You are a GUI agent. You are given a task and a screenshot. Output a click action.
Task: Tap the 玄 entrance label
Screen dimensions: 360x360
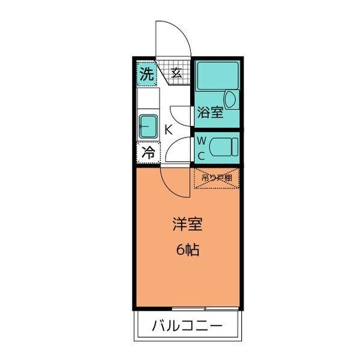tap(176, 73)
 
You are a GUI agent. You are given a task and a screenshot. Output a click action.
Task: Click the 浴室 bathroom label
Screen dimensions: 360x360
tap(210, 112)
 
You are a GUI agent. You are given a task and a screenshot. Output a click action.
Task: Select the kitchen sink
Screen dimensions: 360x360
tap(147, 126)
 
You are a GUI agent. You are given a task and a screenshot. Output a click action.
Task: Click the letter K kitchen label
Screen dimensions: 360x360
tap(169, 128)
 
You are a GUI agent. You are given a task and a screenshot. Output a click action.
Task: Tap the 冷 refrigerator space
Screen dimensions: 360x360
tap(148, 152)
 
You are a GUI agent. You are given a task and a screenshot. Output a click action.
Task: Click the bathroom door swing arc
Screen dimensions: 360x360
tap(180, 114)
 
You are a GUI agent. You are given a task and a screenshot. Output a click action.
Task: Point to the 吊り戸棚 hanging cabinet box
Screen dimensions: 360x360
tap(216, 178)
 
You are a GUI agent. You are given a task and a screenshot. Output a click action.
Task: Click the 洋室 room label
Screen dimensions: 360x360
tap(187, 226)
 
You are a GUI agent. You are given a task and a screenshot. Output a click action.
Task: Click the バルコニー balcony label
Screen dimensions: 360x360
tap(187, 327)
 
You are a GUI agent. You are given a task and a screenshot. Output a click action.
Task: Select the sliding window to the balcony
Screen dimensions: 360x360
tap(188, 308)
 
